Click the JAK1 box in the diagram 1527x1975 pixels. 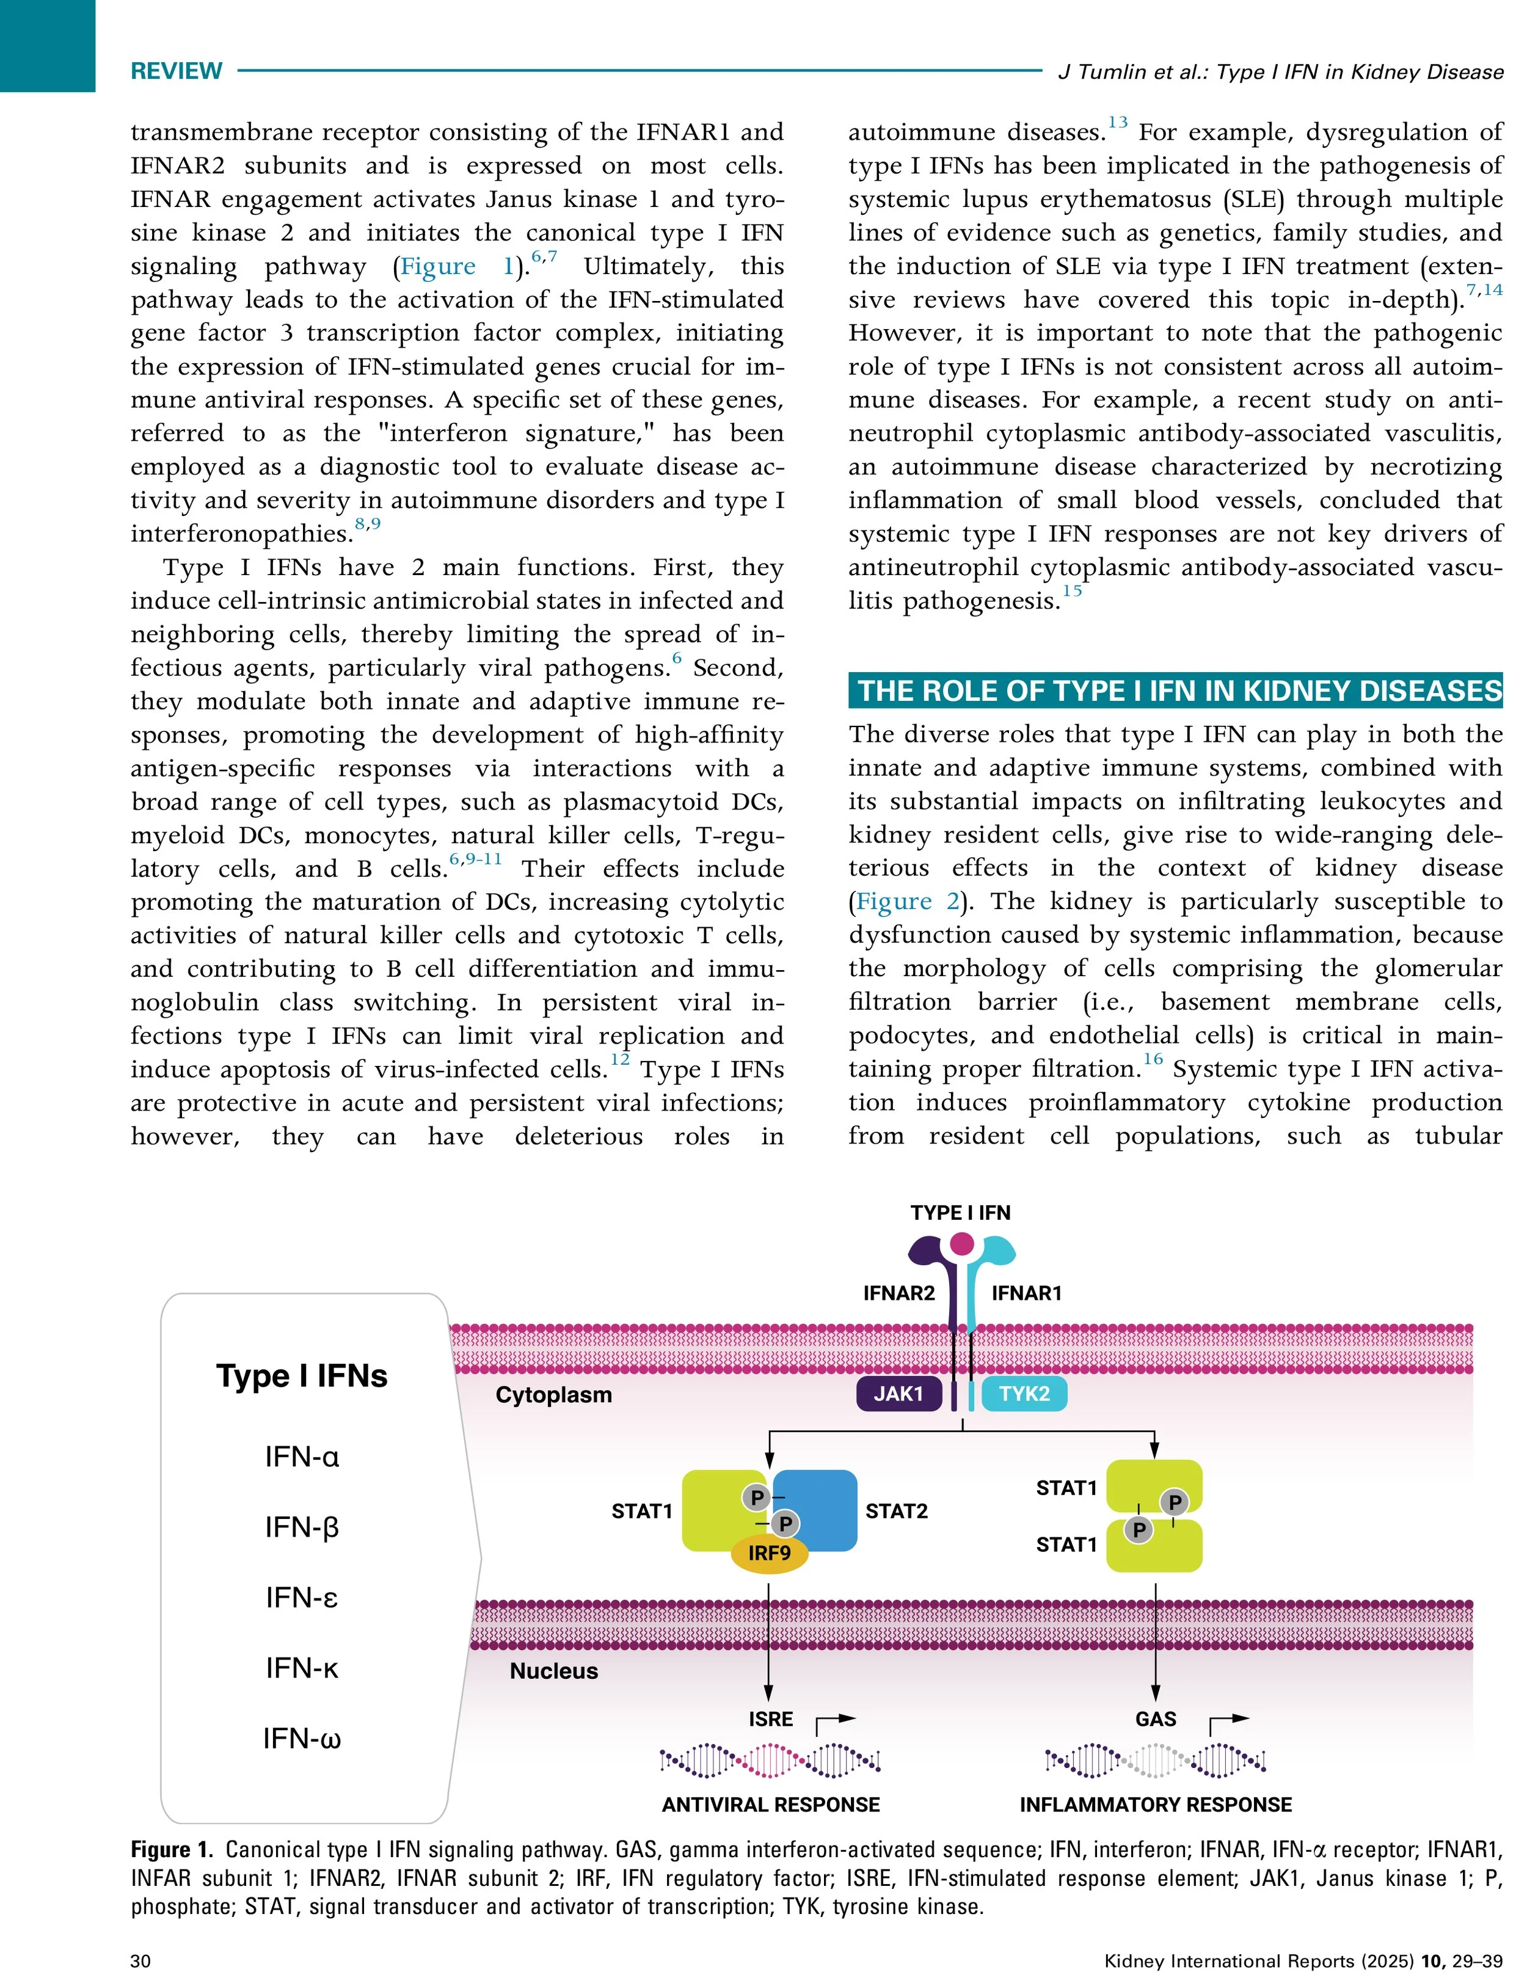click(x=898, y=1394)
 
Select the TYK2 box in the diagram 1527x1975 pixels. click(x=1024, y=1394)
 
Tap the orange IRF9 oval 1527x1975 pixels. click(x=769, y=1553)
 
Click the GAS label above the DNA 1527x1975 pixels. click(x=1155, y=1719)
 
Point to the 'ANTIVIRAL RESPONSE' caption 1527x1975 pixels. click(x=771, y=1805)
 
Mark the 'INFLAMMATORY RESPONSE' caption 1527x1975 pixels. click(x=1155, y=1805)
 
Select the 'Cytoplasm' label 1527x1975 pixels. click(x=553, y=1394)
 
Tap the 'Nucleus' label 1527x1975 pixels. click(x=553, y=1671)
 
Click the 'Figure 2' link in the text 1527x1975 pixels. click(x=907, y=902)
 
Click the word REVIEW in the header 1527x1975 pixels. click(x=177, y=71)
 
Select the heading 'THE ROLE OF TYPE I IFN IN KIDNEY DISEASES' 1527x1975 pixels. click(x=1175, y=691)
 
